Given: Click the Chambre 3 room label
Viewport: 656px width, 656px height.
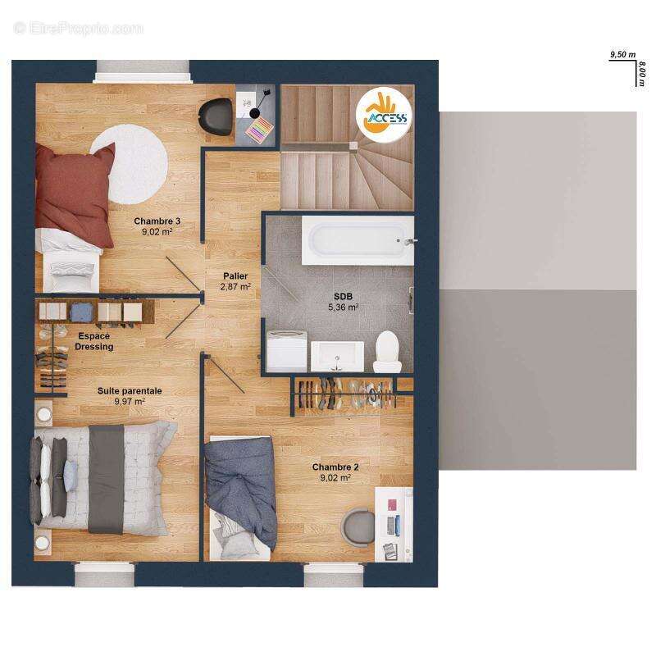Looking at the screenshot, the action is click(157, 221).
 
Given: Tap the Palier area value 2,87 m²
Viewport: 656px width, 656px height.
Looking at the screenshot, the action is click(235, 286).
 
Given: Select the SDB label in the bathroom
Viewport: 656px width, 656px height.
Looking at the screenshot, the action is click(343, 297).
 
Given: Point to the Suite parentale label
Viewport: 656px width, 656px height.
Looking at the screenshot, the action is click(130, 391).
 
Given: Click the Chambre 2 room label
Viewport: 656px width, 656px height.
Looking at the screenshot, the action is click(335, 467).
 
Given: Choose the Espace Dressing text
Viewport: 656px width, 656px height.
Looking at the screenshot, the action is click(94, 341).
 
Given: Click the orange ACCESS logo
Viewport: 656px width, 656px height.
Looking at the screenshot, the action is click(384, 116).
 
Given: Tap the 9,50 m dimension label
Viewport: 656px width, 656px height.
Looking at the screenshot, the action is click(623, 54).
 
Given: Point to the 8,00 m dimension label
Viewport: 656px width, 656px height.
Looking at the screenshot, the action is click(642, 74).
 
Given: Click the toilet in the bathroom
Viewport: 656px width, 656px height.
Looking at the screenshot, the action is click(387, 352).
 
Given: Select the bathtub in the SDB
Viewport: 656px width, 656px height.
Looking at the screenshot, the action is click(358, 240).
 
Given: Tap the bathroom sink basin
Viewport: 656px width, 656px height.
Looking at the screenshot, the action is click(337, 356).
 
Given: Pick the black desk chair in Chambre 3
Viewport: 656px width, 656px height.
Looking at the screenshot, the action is click(216, 116).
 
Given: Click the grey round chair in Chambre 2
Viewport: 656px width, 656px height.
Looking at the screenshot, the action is click(358, 527).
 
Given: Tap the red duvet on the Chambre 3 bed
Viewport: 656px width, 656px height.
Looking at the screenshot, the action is click(75, 194).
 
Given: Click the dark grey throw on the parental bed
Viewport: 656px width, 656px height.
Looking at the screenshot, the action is click(107, 479).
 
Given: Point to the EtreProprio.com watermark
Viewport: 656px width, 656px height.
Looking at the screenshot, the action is click(78, 29).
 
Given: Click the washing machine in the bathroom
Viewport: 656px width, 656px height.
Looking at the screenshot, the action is click(286, 351).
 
